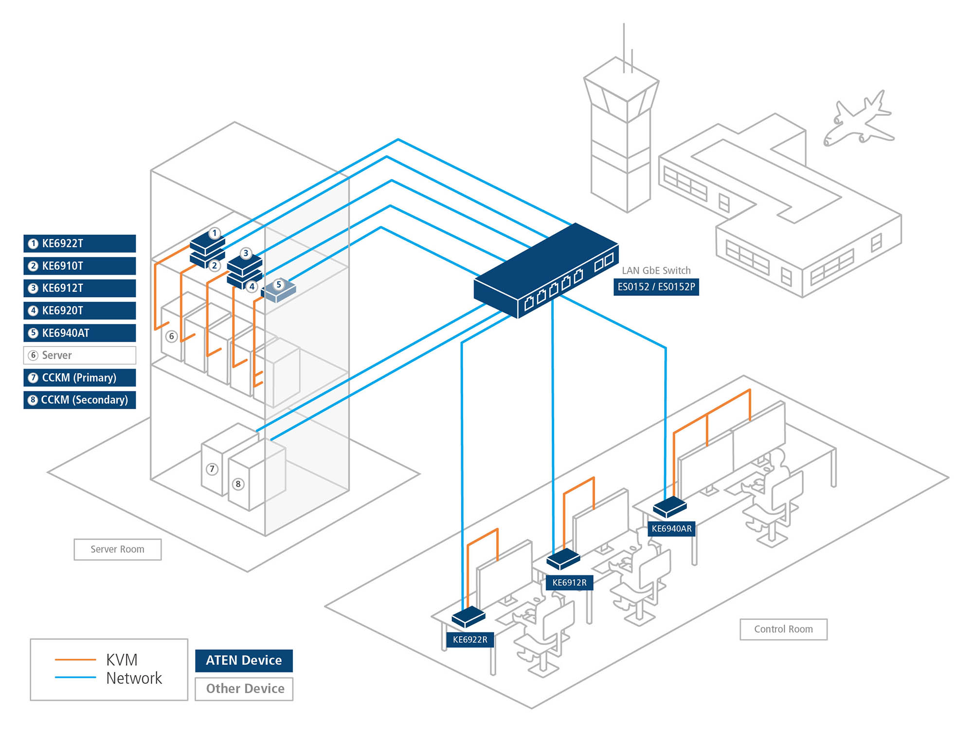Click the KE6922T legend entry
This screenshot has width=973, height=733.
79,243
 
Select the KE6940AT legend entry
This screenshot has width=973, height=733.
79,333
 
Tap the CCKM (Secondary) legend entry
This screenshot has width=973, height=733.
79,400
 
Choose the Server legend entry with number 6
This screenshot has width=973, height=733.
79,355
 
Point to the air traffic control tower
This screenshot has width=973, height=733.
621,136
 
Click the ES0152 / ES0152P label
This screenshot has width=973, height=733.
656,287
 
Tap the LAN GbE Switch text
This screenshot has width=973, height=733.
656,271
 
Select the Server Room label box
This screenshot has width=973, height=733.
117,549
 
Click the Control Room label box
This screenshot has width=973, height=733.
783,629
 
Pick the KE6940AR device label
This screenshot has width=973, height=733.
671,529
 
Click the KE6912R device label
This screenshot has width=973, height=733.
569,582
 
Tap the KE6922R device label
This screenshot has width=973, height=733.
469,640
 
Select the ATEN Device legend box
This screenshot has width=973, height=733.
244,660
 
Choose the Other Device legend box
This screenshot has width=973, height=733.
244,689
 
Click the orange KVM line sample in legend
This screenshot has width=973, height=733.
75,660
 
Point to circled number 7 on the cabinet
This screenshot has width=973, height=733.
212,469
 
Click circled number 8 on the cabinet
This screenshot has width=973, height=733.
238,484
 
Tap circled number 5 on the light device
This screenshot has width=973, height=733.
279,284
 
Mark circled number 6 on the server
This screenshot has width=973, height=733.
171,336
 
